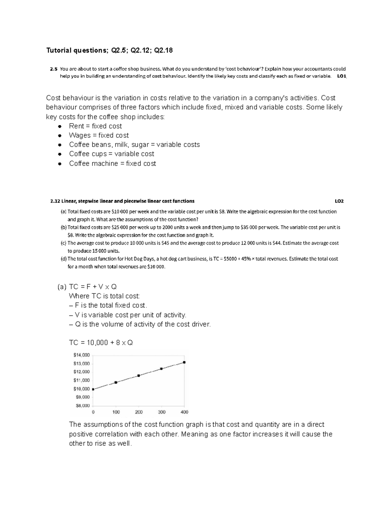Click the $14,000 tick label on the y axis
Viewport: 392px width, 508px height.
pos(81,355)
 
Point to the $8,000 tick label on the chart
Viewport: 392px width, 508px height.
pos(82,406)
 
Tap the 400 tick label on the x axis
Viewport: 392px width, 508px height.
pos(184,412)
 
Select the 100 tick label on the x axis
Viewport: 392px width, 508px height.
pos(116,412)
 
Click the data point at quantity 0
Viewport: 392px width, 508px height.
pos(93,389)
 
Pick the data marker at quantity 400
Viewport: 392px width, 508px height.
pos(184,362)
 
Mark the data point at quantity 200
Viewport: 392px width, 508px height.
pos(139,376)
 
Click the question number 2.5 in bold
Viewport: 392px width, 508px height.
pos(53,69)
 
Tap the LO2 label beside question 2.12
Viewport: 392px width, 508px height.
pos(339,201)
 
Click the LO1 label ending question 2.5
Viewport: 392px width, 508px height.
pos(341,76)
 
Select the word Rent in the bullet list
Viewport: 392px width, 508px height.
pos(76,126)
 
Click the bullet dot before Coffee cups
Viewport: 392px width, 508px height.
pos(59,154)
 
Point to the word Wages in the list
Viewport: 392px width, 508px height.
pos(80,135)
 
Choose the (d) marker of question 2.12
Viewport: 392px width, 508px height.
pos(64,259)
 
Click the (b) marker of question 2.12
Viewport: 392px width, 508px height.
pos(64,227)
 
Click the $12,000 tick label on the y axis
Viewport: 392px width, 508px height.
pos(81,372)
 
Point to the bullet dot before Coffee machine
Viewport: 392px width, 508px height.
pos(59,164)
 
